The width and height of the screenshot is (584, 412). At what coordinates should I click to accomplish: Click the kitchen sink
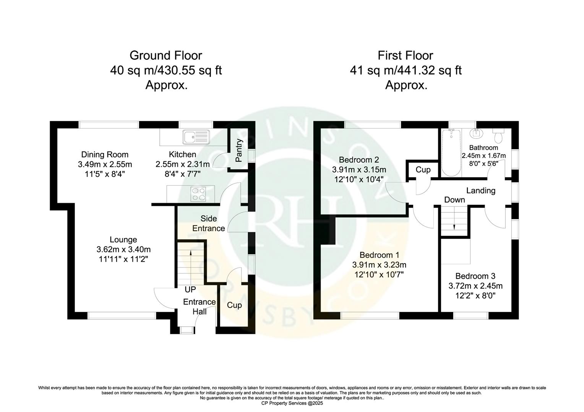pos(196,137)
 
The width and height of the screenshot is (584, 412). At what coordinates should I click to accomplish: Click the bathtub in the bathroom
pos(451,152)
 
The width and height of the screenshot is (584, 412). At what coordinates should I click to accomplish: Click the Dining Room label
pos(105,154)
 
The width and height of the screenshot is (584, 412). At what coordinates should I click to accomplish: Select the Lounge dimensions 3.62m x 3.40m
pos(123,249)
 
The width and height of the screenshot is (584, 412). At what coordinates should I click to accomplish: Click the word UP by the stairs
pos(190,290)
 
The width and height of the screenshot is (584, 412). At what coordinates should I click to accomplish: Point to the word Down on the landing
pos(454,200)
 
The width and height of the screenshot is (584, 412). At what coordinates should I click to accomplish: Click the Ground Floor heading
pos(166,56)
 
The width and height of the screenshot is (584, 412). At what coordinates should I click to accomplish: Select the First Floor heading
pos(406,56)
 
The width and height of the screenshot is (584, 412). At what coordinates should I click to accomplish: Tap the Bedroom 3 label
pos(475,276)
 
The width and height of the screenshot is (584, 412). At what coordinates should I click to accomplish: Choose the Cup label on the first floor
pos(423,170)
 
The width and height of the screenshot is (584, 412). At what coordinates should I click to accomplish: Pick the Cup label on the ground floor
pos(234,305)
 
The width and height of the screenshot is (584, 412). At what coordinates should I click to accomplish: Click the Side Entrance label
pos(209,224)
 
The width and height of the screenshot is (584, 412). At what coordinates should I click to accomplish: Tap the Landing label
pos(481,191)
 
